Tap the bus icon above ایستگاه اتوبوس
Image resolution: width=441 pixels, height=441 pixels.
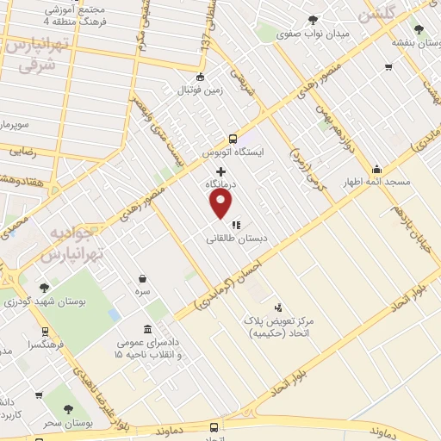(233, 139)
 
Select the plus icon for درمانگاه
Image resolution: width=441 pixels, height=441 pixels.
(220, 171)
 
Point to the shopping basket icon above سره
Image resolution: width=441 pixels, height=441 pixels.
(141, 278)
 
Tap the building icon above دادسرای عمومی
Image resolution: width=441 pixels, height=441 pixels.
(149, 329)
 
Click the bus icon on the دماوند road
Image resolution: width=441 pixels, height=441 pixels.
(213, 425)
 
